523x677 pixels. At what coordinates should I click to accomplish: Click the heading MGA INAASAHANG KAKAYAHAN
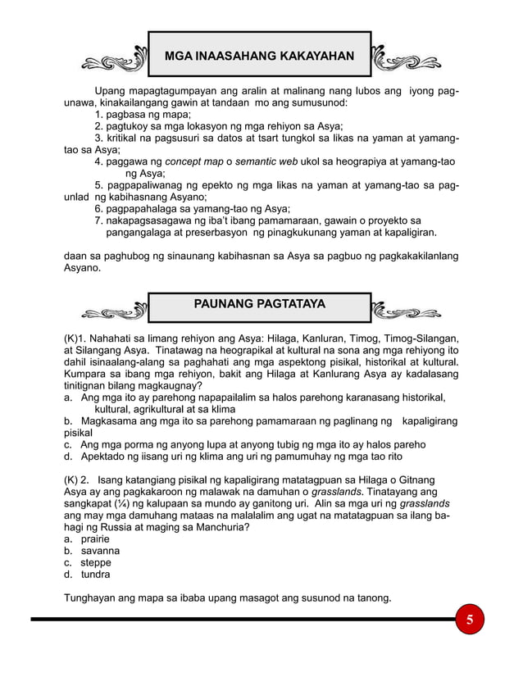[x=259, y=56]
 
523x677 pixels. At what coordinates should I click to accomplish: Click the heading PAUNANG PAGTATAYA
[x=259, y=304]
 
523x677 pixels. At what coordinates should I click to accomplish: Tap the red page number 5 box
[x=470, y=619]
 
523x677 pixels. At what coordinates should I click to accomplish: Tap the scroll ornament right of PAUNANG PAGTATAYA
[x=407, y=310]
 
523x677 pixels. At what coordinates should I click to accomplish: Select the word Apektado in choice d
[x=105, y=457]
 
